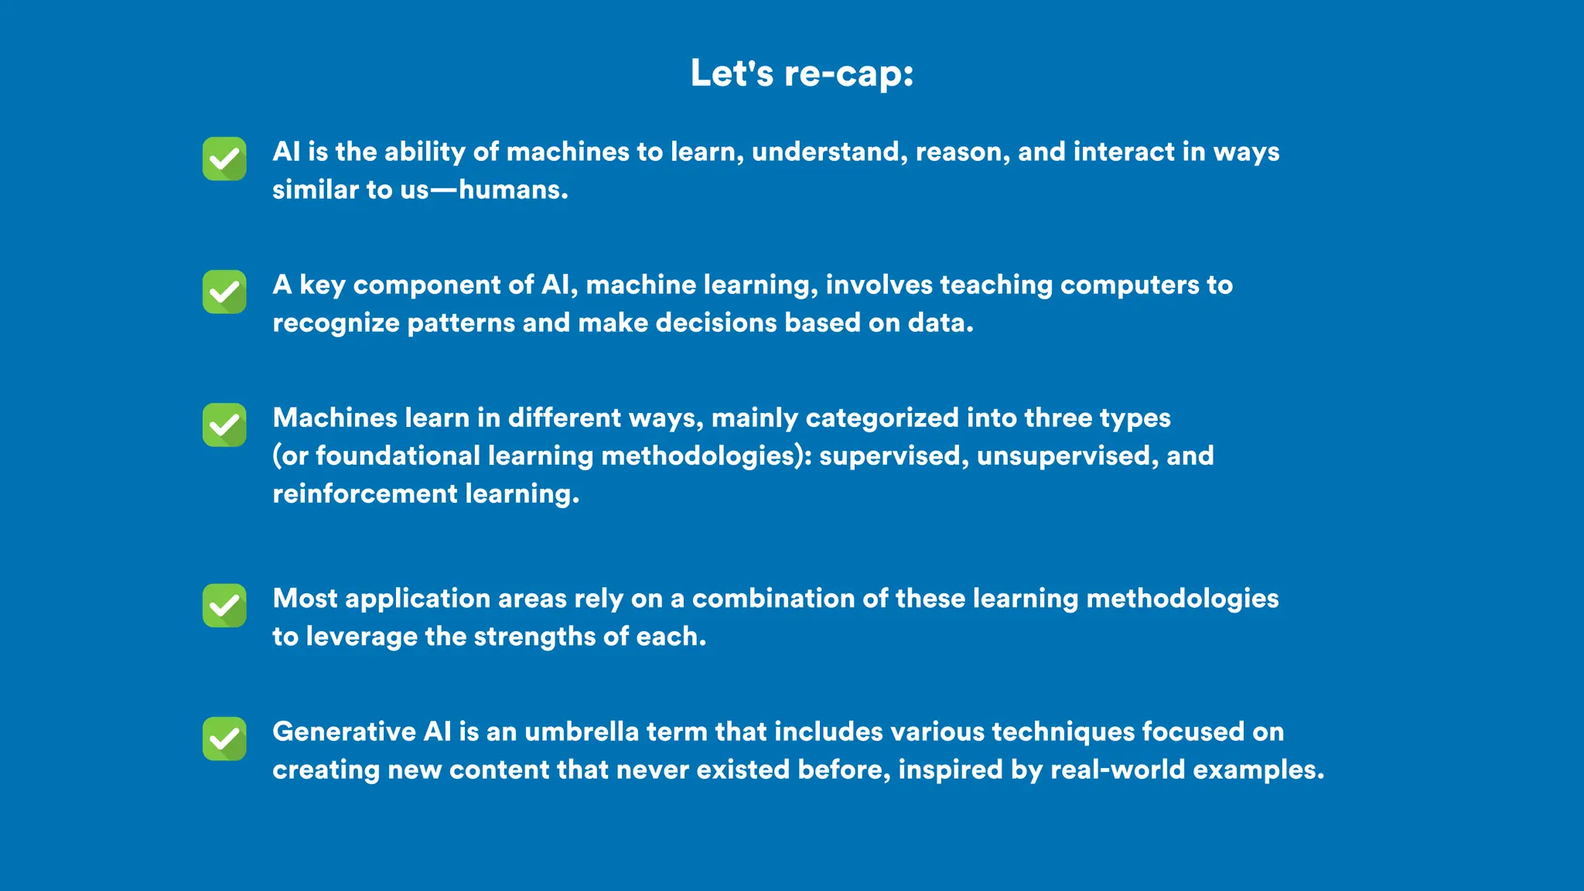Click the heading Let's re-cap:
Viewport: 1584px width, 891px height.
click(802, 74)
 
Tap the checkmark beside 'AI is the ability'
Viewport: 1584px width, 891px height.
click(224, 159)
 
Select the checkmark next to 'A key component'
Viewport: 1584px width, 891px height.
click(224, 292)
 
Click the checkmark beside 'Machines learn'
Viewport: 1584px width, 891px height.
click(224, 425)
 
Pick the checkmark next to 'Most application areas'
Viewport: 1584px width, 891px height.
click(224, 605)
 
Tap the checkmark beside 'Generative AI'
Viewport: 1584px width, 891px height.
click(224, 739)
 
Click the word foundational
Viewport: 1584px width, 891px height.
click(398, 456)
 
